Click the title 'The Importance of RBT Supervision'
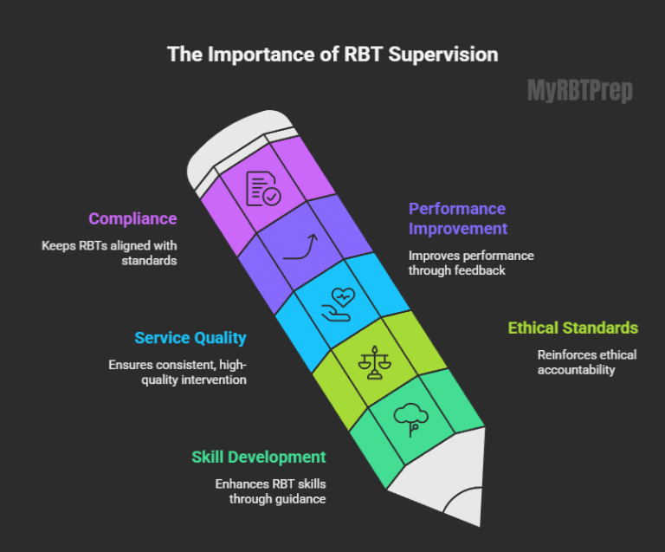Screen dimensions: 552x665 [x=332, y=55]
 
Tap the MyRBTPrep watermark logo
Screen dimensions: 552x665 [x=580, y=91]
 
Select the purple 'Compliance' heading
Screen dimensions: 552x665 [x=132, y=219]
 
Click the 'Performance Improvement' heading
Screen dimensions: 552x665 [x=457, y=218]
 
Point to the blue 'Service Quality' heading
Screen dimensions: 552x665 [x=190, y=338]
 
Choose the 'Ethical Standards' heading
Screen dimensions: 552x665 [x=572, y=328]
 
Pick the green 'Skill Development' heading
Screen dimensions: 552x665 [x=259, y=457]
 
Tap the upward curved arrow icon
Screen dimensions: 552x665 [x=300, y=246]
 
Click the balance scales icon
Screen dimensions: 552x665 [x=373, y=362]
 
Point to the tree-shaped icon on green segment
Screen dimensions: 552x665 [x=410, y=419]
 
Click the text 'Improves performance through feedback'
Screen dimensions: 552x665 [x=471, y=263]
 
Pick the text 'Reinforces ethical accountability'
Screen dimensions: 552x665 [x=586, y=362]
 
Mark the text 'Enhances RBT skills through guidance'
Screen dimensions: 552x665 [x=270, y=490]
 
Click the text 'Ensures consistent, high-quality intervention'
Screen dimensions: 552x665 [x=178, y=372]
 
